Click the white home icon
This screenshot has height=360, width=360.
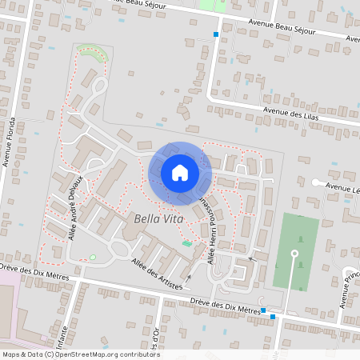point(179,172)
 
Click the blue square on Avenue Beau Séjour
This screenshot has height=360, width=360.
point(215,34)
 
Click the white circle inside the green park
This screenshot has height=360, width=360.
point(294,254)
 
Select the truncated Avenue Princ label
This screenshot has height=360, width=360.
point(348,286)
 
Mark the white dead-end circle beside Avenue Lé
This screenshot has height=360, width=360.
point(314,183)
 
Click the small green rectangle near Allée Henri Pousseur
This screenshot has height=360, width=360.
point(186,243)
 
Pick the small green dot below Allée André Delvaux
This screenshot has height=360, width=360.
point(93,256)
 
